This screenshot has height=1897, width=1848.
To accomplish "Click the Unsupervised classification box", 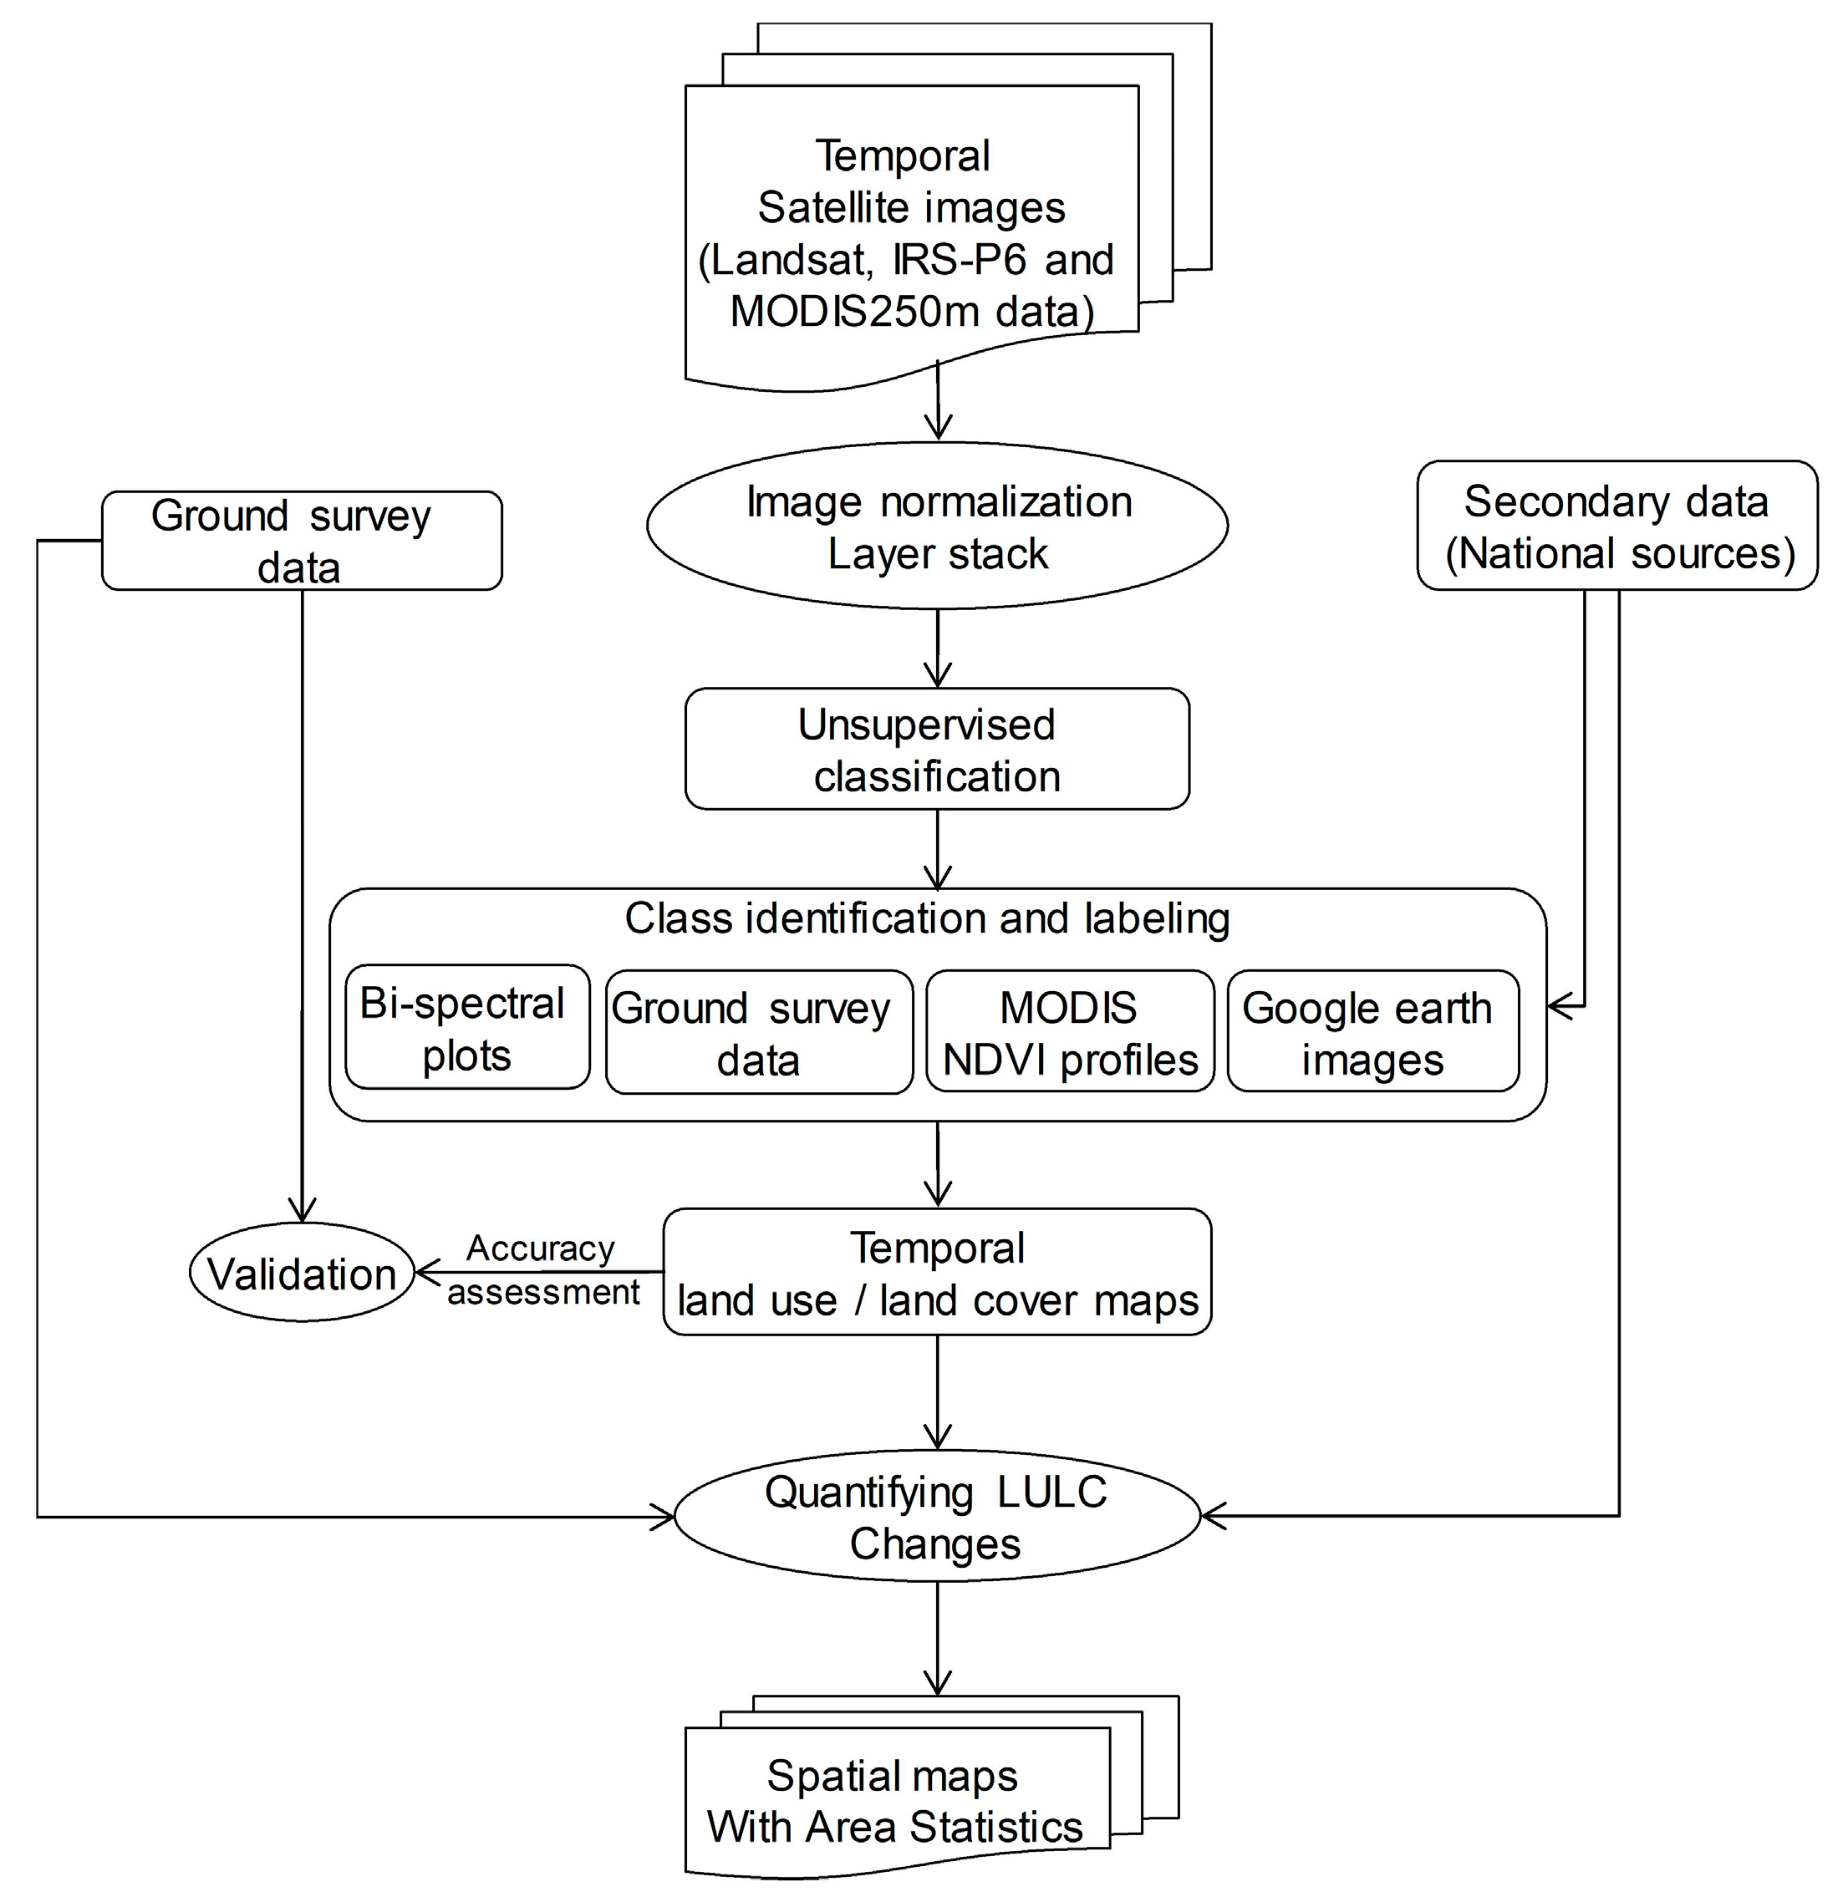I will point(937,749).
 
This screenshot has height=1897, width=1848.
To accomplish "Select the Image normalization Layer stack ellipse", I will point(937,526).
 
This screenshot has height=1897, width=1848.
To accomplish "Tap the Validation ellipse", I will point(302,1273).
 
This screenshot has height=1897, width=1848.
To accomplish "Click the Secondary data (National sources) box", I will point(1617,526).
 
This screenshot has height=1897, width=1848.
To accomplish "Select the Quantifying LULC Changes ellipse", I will point(937,1517).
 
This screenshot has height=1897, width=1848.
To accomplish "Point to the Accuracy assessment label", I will point(541,1270).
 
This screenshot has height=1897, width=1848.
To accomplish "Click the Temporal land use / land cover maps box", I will point(937,1273).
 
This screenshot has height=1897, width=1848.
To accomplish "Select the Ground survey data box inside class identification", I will point(758,1034).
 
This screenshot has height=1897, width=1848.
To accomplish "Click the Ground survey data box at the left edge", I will point(302,542).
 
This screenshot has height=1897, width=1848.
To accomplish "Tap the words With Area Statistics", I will point(894,1828).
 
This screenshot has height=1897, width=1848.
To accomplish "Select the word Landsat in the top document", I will point(787,261).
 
